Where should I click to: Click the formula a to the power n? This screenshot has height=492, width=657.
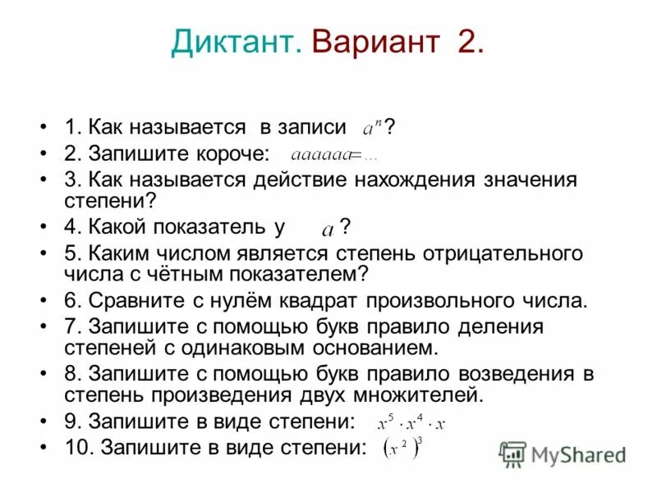[x=373, y=128]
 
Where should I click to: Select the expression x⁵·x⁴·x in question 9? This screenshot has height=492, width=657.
[x=411, y=423]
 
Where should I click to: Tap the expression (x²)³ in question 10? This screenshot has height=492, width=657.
[x=402, y=449]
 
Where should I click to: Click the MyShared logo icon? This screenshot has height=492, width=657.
[x=513, y=453]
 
